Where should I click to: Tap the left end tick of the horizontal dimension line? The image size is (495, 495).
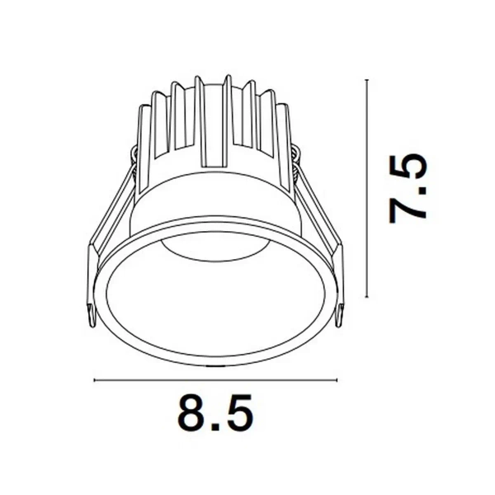[x=95, y=381]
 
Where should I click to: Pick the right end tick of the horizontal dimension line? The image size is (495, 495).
[x=337, y=381]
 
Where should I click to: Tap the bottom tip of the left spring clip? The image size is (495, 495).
[x=90, y=317]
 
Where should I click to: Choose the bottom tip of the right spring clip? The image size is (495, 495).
[x=342, y=317]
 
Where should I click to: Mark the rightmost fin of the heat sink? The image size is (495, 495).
[x=285, y=132]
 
